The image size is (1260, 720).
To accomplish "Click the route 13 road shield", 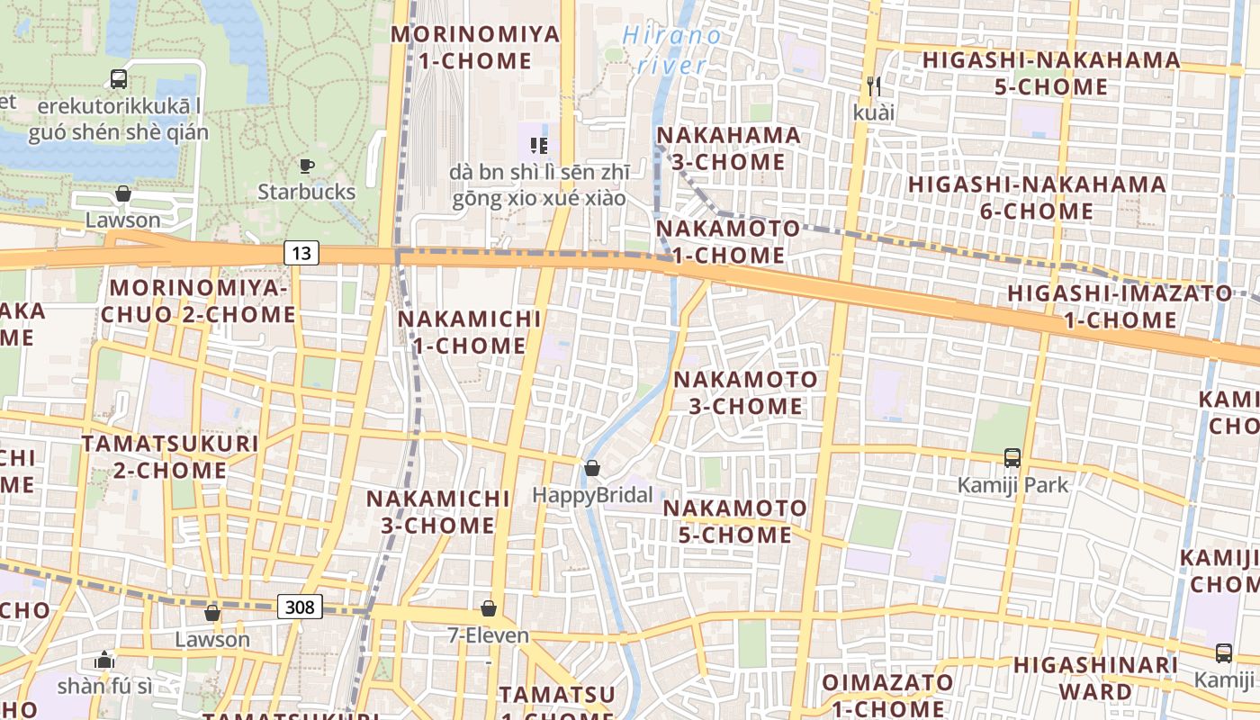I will pos(301,253).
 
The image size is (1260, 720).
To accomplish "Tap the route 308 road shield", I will pos(299,607).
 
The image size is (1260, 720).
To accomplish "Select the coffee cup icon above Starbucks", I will pos(307,166).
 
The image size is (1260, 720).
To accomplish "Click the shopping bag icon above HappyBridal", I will pos(591,468).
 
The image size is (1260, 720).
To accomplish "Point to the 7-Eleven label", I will pos(489,636).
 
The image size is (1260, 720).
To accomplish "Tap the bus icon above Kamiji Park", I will pos(1012,458).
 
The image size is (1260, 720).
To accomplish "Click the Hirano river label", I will pos(672,50).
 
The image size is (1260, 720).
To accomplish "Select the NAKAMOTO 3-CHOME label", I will pos(745,392).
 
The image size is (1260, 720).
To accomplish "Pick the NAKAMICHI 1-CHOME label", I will pos(469,332).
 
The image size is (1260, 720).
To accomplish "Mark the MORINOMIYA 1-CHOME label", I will pos(475,48).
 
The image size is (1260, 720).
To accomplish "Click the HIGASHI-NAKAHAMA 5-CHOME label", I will pos(1051,74).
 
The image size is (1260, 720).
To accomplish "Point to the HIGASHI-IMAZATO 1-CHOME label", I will pos(1120,306).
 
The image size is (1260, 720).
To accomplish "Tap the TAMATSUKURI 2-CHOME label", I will pos(170,456).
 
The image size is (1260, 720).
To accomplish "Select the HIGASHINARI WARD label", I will pos(1095,679).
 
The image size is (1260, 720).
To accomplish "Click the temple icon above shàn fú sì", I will pos(104,660).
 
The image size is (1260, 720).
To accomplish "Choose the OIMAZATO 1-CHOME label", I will pos(887,695).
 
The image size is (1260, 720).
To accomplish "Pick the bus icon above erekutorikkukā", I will pos(119,79).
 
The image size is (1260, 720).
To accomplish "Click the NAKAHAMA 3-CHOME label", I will pos(729,148).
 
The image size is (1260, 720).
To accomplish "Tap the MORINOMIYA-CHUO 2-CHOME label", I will pos(198,301).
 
